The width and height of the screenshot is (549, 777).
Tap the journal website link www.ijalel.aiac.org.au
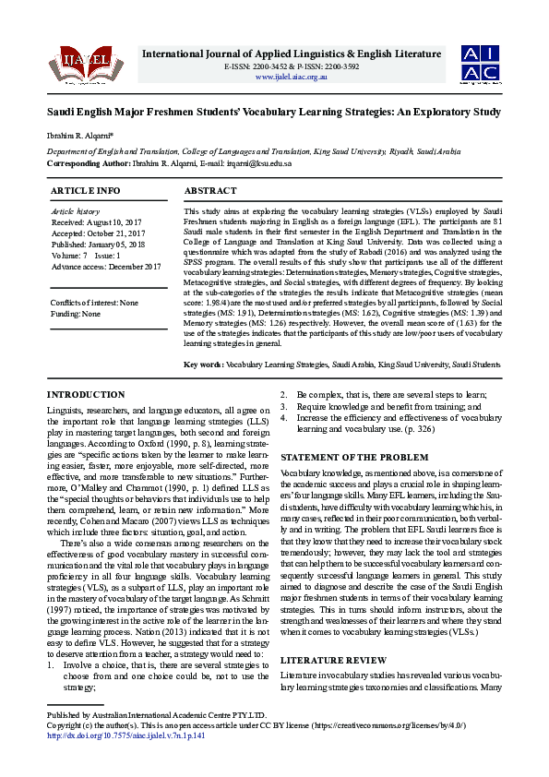tap(291, 77)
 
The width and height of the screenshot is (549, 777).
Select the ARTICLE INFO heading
tap(85, 190)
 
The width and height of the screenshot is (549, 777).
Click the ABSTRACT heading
tap(210, 190)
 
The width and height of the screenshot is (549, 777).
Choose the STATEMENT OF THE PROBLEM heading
tap(353, 457)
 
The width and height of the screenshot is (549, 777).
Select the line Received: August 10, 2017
tap(98, 222)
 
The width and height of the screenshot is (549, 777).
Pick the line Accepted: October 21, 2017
tap(99, 233)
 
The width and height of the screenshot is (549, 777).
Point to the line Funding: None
tap(76, 314)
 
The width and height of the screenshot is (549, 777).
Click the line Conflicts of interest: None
tap(95, 303)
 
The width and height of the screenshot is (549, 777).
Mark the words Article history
tap(75, 211)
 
